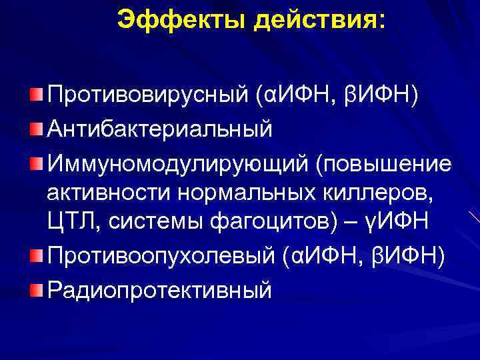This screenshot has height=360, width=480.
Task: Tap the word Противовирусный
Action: point(148,97)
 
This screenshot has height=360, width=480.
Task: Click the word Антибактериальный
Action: point(159,129)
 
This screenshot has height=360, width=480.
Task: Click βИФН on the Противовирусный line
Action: point(381,97)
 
